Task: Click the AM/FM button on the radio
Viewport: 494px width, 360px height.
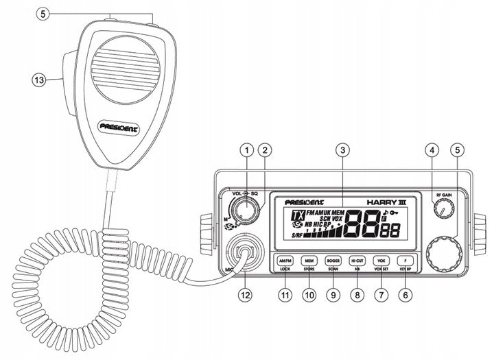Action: (285, 261)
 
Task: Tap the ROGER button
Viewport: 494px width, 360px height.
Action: (333, 261)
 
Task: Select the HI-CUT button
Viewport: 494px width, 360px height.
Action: (357, 261)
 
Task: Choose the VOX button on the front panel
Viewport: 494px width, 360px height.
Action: (381, 261)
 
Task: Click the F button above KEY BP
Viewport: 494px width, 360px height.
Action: (405, 261)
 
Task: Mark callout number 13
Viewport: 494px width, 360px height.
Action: (40, 80)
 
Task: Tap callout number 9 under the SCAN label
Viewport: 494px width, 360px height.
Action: (333, 295)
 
